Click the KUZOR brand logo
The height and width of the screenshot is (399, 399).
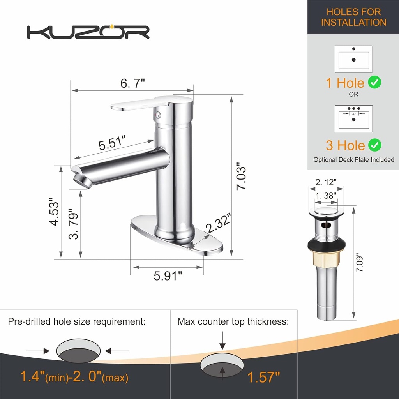88,32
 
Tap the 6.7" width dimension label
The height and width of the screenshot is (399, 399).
132,83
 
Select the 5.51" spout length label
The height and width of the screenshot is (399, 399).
112,143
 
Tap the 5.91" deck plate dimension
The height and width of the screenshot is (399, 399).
168,276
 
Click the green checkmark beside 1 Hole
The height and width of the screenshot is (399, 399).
374,82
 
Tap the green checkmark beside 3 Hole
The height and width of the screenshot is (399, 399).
375,145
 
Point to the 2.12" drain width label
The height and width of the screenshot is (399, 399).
326,182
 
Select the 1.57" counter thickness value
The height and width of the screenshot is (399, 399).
264,377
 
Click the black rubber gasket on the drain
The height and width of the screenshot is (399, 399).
327,244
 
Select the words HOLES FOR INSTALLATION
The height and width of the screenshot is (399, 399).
353,17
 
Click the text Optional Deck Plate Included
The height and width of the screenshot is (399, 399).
354,160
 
